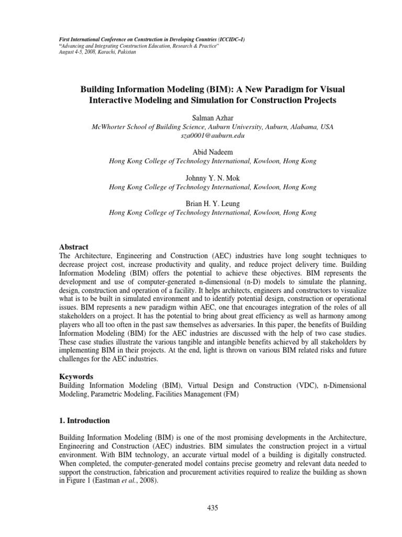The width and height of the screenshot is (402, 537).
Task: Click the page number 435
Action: click(212, 508)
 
